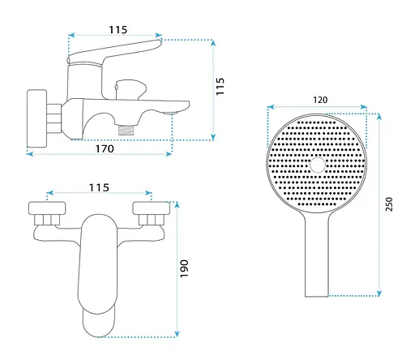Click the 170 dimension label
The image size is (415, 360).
105,148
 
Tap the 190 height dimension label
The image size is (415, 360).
184,268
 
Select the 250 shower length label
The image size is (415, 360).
389,204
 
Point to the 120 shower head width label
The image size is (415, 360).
320,100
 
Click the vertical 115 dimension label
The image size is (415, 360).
220,87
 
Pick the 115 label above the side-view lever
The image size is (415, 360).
118,30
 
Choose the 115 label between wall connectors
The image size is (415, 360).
99,187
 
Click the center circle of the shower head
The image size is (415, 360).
318,165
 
